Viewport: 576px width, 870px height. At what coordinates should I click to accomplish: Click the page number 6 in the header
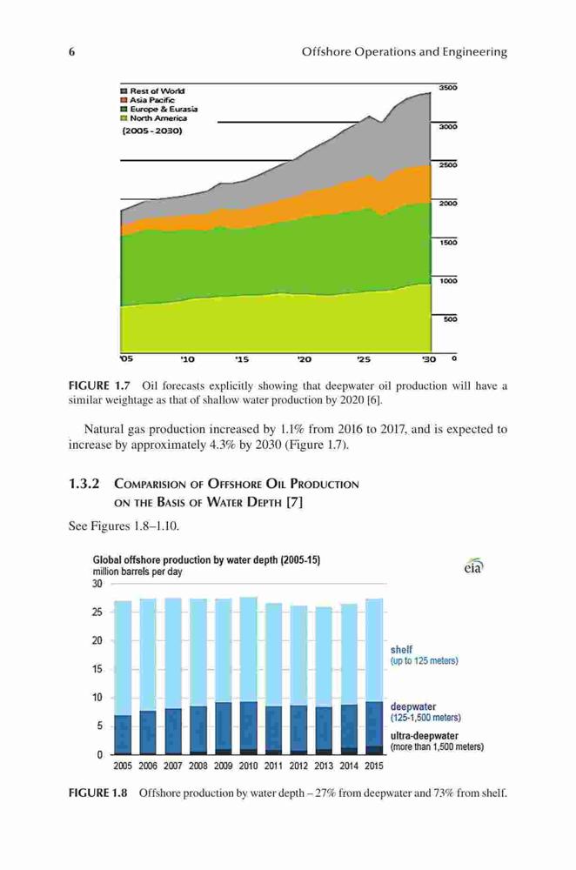point(71,52)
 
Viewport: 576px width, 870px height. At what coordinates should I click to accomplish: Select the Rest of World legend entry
point(153,91)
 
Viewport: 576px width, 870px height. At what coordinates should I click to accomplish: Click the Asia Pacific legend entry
point(148,100)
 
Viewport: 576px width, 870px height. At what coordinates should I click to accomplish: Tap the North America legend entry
point(154,118)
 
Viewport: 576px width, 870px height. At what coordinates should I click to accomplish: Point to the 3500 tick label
point(448,88)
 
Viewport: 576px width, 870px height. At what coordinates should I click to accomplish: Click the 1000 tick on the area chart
point(448,281)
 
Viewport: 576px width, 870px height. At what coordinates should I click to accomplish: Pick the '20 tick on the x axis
point(305,359)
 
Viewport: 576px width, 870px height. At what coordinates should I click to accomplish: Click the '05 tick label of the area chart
point(126,359)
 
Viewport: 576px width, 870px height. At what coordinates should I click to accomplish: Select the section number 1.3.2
point(84,484)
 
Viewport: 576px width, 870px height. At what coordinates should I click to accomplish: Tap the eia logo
point(474,566)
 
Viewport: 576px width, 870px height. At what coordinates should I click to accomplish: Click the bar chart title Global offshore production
point(206,560)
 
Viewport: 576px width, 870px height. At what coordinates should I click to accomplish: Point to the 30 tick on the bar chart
point(97,584)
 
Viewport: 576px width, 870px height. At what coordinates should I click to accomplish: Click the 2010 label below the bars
point(248,766)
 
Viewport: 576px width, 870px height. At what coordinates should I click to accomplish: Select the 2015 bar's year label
point(374,766)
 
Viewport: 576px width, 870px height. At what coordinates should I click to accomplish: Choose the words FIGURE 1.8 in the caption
point(97,793)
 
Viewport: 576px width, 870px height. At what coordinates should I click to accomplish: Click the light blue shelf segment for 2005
point(123,659)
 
